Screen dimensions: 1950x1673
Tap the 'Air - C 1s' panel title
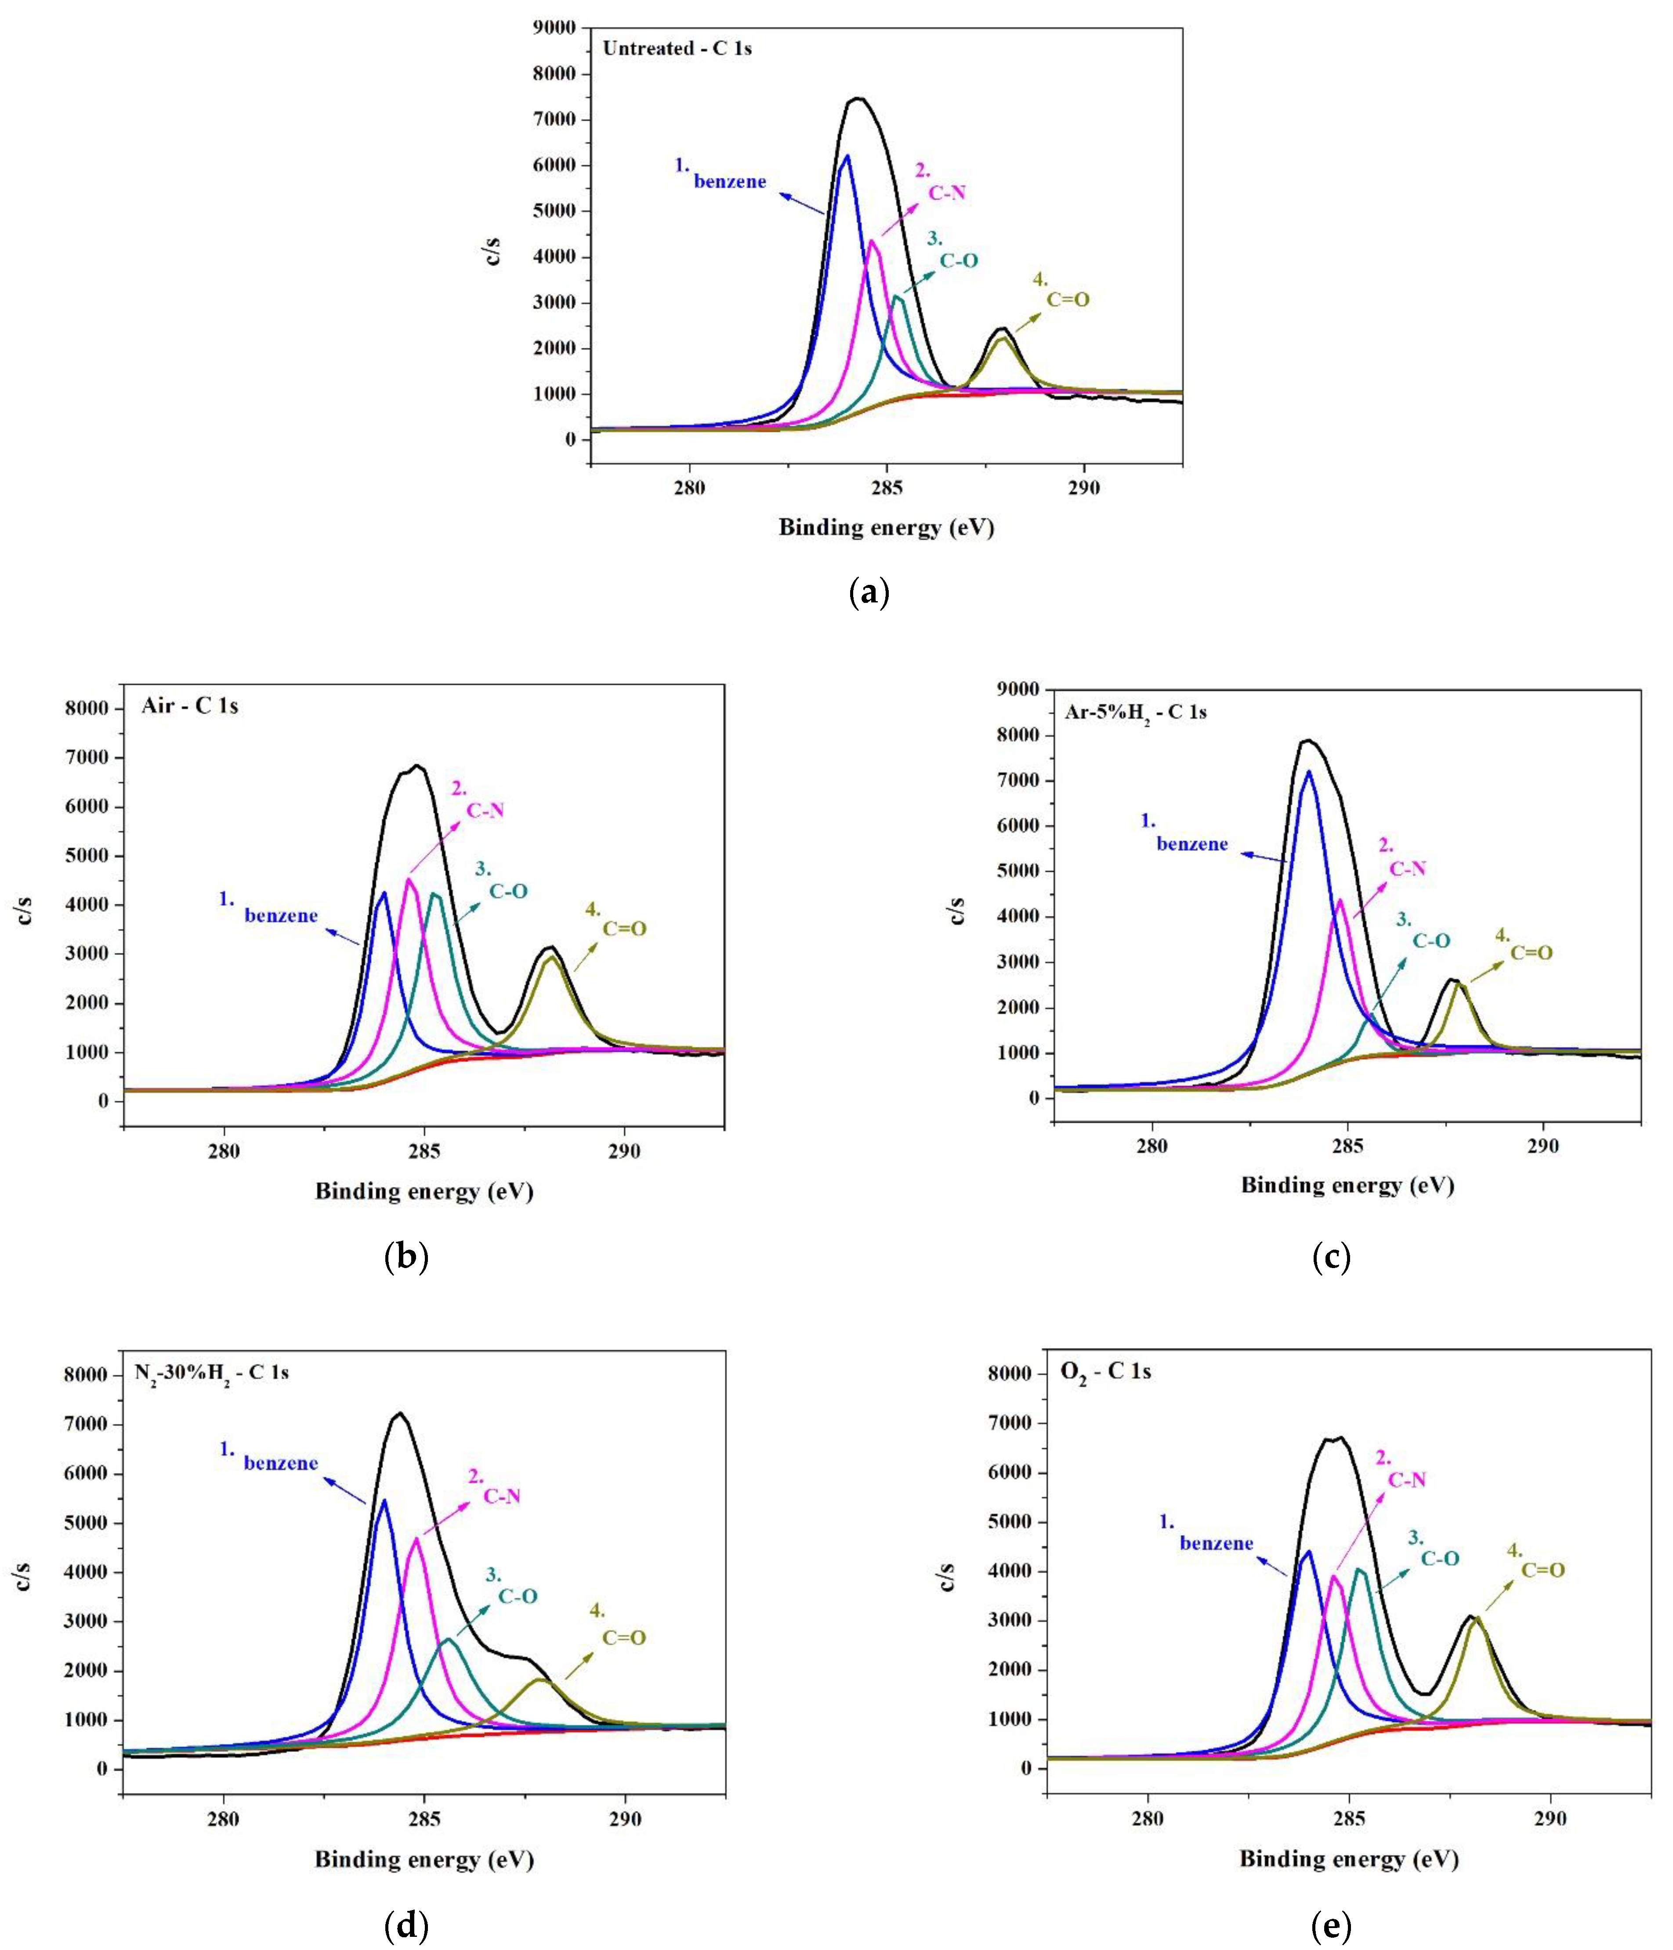189,705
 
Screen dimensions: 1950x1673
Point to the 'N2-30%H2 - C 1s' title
211,1372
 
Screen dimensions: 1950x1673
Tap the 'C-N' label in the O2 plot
1407,1480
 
